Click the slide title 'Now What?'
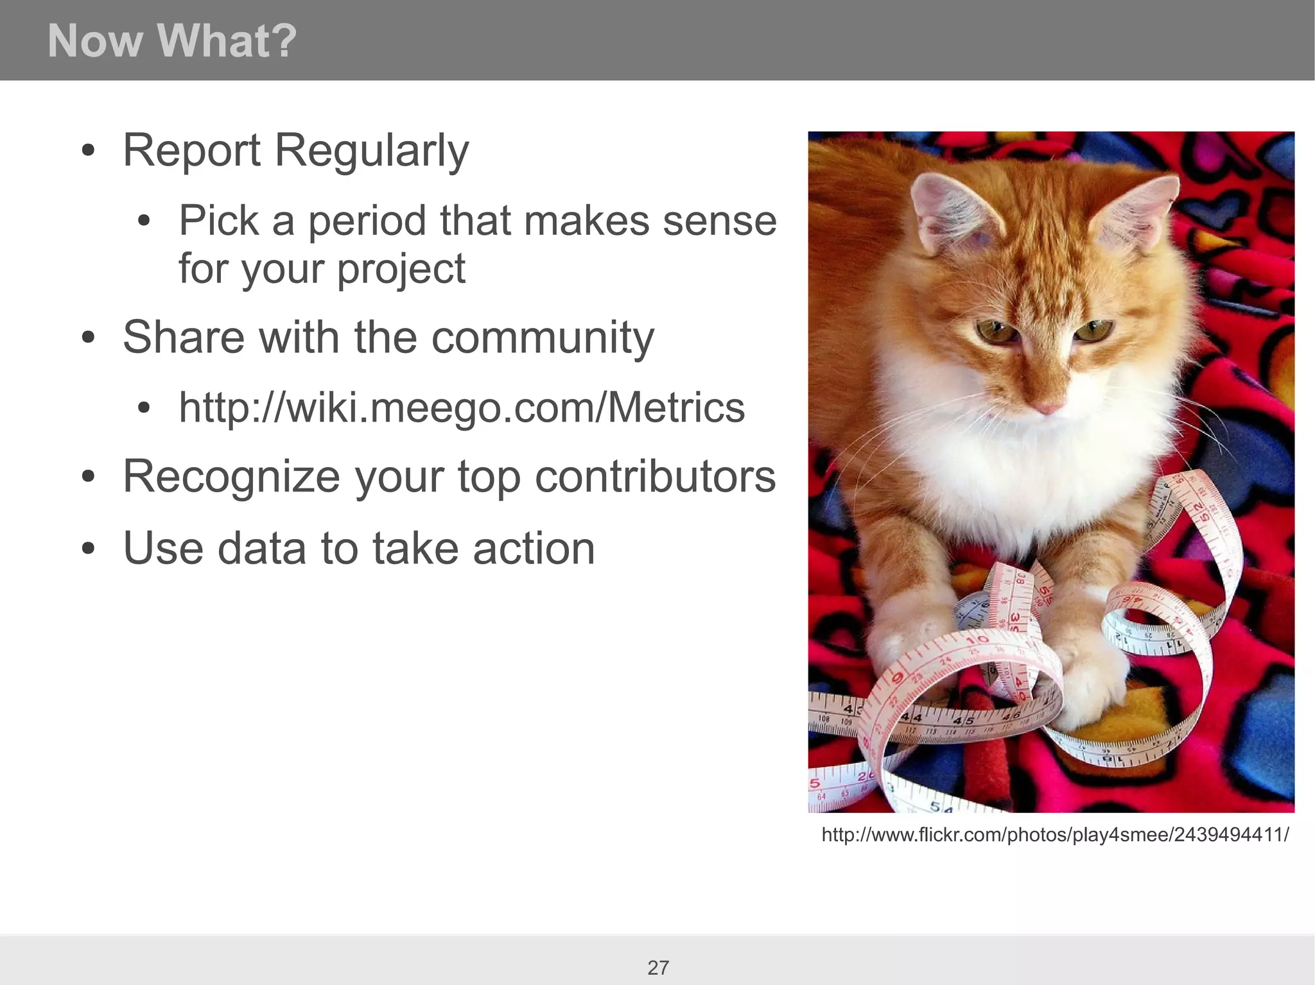(172, 41)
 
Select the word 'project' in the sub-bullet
(401, 269)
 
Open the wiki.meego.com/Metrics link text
(461, 407)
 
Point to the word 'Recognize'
(231, 477)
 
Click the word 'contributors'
(654, 477)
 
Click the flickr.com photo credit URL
(1054, 835)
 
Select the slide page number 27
(657, 967)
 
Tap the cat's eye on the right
(1093, 331)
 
